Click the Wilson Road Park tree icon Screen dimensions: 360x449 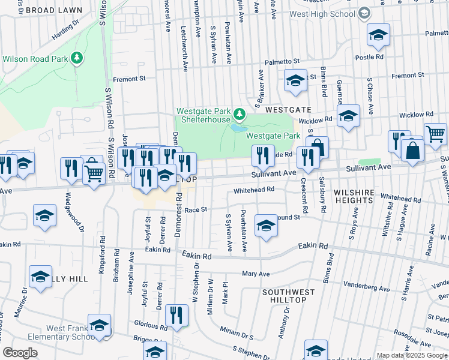pos(76,58)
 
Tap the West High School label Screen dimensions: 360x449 pos(322,13)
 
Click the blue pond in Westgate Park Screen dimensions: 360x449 pos(238,128)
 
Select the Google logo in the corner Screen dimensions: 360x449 pos(20,352)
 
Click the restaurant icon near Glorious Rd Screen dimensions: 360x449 pos(176,316)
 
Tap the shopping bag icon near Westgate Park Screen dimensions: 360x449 pos(318,146)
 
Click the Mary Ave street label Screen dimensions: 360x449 pos(255,274)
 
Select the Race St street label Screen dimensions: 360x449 pos(196,210)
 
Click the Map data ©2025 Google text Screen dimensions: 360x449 pos(412,355)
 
